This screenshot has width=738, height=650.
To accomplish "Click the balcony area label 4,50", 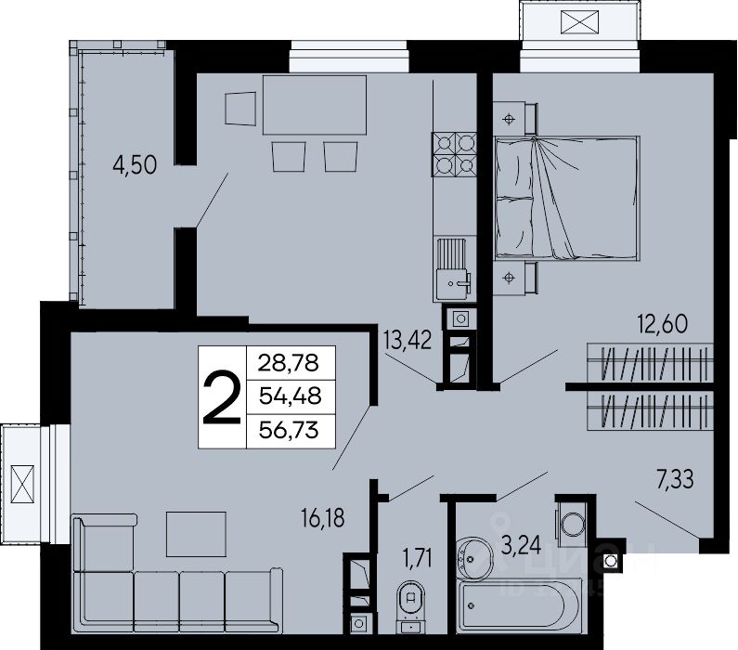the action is tap(135, 165).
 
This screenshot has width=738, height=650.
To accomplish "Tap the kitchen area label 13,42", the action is tap(407, 340).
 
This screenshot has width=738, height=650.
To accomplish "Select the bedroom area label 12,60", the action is tap(662, 324).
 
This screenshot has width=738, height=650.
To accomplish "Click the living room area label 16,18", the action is tap(323, 518).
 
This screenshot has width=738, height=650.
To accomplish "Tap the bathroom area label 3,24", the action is tap(521, 546).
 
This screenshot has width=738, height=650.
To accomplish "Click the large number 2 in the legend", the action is tap(222, 397).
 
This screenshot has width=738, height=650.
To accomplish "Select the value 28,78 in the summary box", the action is tap(289, 363).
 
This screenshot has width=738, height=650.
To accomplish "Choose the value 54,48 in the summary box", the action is tap(290, 396).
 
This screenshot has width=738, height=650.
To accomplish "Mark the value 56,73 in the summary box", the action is tap(289, 430).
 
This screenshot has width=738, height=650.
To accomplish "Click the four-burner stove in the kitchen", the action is tap(455, 154).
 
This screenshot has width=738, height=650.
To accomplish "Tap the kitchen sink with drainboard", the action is tap(452, 268).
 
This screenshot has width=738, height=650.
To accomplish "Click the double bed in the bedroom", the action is tap(566, 198).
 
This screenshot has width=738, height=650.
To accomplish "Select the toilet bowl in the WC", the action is tap(411, 604).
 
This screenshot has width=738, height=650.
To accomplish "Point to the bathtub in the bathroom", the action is tap(519, 604).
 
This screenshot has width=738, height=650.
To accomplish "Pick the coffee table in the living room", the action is tap(196, 534).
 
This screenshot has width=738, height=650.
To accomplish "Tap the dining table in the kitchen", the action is tap(315, 105).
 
